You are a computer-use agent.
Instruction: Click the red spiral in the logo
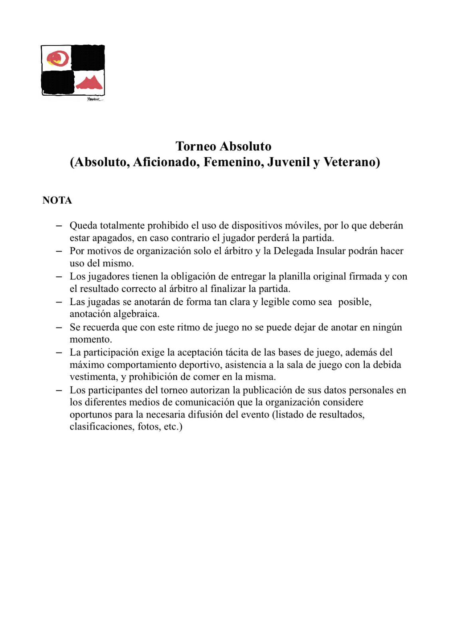(58, 58)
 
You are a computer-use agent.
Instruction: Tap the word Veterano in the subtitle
(351, 162)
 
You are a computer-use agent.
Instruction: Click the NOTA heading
(57, 200)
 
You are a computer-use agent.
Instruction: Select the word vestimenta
(93, 377)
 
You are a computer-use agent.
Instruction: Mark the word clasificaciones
(101, 427)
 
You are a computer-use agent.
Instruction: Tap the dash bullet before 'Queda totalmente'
(59, 226)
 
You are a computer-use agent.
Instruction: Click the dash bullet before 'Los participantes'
(59, 390)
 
